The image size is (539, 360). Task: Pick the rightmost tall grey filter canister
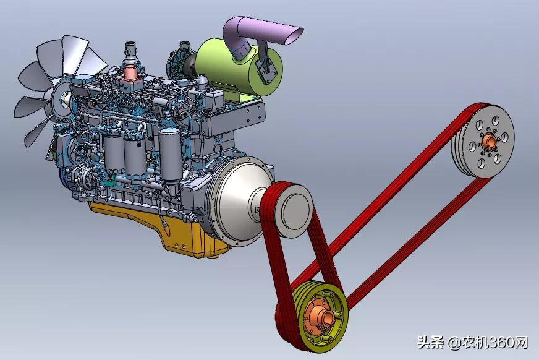[x=169, y=155]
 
